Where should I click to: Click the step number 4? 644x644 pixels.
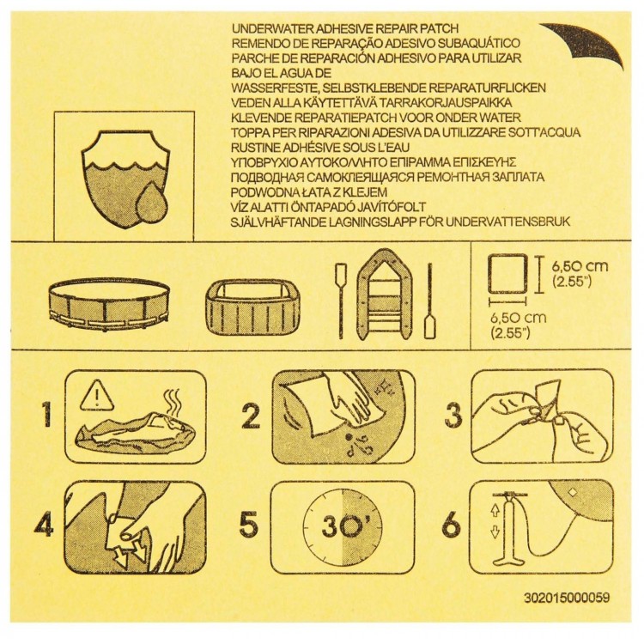click(43, 523)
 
